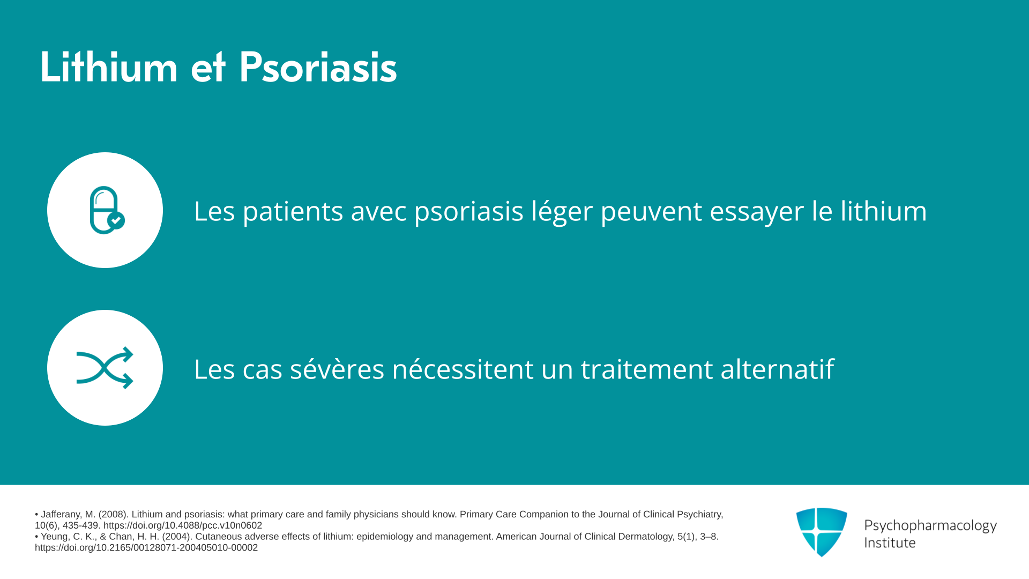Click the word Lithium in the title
tap(109, 67)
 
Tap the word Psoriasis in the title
tap(318, 67)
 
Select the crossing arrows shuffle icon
tap(105, 368)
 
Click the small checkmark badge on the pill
tap(116, 220)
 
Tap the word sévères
tap(337, 369)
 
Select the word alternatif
tap(777, 369)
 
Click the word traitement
tap(647, 369)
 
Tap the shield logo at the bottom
tap(822, 532)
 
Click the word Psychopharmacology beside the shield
tap(930, 526)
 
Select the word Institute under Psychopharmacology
tap(890, 543)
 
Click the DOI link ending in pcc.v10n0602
tap(183, 525)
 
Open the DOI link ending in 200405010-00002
tap(146, 547)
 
